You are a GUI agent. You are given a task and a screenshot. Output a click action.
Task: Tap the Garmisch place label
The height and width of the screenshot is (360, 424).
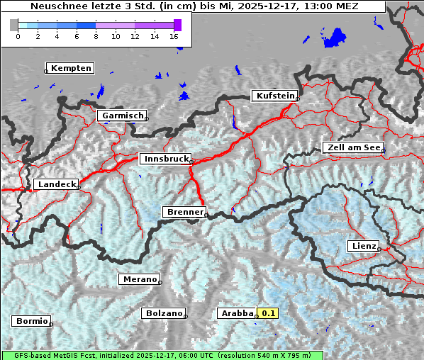pos(123,116)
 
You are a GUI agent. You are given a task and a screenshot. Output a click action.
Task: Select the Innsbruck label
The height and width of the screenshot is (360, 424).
pos(165,159)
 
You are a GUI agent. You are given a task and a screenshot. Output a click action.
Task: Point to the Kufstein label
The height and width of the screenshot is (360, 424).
pos(274,96)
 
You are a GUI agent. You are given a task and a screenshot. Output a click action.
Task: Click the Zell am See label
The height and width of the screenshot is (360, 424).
pos(353,147)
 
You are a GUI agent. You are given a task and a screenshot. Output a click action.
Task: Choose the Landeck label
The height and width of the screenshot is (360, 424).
pos(56,184)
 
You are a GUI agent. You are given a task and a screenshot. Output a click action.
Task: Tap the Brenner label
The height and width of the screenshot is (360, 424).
pos(184,212)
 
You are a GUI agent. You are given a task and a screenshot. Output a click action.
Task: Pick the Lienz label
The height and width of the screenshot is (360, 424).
pos(363,246)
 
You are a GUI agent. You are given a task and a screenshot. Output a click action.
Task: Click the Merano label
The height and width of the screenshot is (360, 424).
pos(138,279)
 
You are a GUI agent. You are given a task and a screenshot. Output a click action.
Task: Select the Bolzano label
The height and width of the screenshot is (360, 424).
pos(164,313)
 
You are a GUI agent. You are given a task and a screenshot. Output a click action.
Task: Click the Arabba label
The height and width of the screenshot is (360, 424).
pos(237,313)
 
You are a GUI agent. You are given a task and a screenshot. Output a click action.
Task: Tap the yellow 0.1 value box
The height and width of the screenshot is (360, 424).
pos(269,313)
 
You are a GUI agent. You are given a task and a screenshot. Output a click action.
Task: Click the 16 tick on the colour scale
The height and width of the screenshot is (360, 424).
pos(174,35)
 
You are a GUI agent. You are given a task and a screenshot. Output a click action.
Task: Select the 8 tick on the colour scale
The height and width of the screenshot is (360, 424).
pos(96,35)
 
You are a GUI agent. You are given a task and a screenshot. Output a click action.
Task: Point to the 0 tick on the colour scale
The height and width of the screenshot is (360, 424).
pos(18,35)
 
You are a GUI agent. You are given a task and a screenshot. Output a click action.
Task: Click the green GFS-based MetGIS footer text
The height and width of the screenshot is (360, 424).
pos(162,355)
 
